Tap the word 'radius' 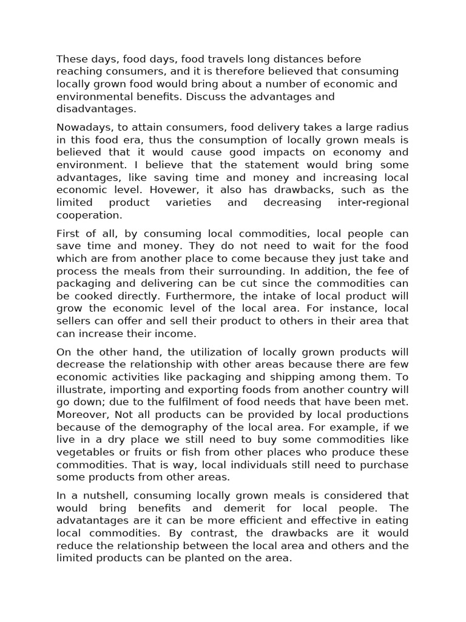click(x=391, y=128)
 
